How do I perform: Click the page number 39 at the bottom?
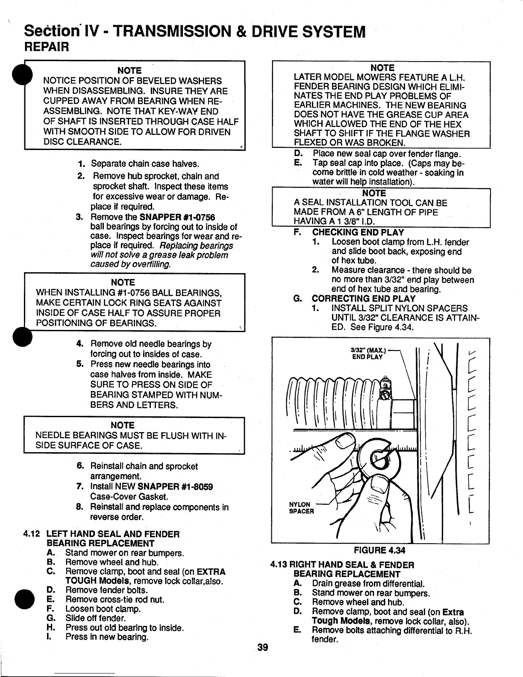[262, 648]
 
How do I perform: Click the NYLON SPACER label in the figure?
[302, 508]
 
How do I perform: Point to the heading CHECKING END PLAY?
[358, 233]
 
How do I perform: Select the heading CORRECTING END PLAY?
[363, 299]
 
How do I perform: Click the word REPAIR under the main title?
[47, 46]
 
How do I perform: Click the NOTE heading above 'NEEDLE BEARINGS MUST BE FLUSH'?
[123, 425]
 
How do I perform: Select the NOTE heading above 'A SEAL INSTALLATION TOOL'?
[374, 193]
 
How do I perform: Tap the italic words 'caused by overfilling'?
[130, 265]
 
